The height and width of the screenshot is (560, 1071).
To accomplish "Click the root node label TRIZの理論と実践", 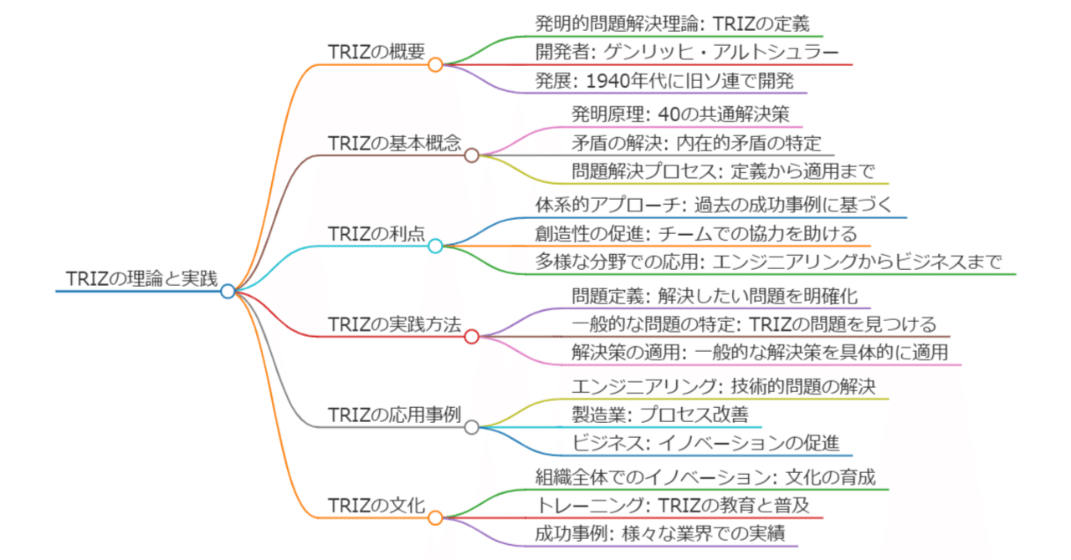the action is tap(141, 278).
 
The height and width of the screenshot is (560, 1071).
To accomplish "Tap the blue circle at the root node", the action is tap(228, 291).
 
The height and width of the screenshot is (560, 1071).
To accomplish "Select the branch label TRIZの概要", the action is tap(377, 52).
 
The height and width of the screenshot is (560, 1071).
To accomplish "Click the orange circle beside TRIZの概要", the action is tap(435, 64).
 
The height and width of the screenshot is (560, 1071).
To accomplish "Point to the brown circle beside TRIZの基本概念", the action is tap(471, 155).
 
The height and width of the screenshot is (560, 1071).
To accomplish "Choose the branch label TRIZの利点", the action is tap(377, 234).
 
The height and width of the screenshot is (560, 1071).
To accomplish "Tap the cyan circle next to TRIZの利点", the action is tap(435, 246).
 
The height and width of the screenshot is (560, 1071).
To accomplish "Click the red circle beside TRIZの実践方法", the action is tap(471, 336).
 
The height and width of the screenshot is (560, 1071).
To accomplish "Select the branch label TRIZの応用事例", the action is tap(394, 415).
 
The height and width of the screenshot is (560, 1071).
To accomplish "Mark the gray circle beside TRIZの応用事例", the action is tap(471, 427).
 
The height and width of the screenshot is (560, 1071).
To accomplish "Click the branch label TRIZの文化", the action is tap(377, 506).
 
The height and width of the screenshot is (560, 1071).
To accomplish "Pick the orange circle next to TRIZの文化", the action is tap(435, 518).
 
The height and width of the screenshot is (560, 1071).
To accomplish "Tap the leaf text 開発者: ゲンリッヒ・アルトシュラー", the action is tap(687, 52).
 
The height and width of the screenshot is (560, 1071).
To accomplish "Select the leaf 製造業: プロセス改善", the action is tap(660, 415).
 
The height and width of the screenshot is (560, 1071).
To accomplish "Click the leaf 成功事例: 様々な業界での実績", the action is tap(660, 534).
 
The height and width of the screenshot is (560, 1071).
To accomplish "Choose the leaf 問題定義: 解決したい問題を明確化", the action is tap(715, 296).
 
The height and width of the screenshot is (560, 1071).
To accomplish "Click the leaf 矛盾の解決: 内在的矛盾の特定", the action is tap(697, 143).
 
